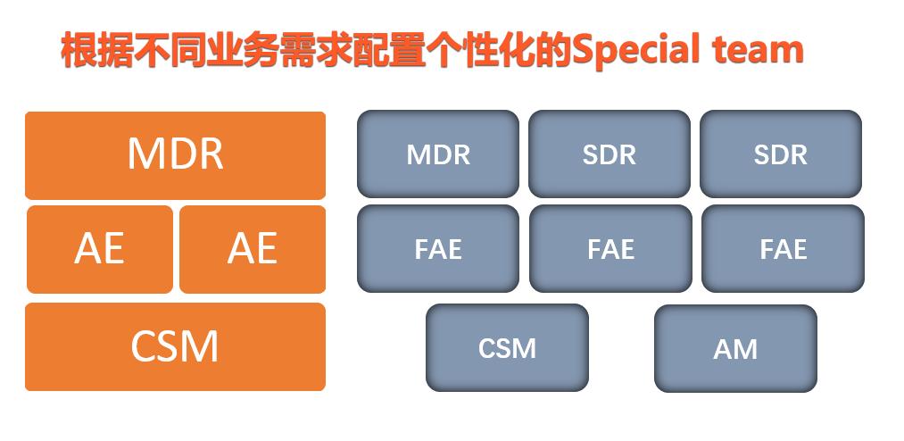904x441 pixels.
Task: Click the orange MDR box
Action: coord(175,154)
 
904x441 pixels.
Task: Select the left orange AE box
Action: coord(99,248)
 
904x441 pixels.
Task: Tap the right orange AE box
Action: coord(252,248)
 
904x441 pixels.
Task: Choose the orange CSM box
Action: coord(175,346)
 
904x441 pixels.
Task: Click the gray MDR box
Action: coord(437,154)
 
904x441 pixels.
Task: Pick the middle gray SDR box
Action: coord(609,154)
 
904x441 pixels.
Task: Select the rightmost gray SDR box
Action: coord(780,154)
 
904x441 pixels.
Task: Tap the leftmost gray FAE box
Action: coord(437,248)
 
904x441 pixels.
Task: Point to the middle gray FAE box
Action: coord(610,248)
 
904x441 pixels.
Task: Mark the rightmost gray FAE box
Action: coord(783,248)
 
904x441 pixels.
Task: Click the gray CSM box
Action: coord(507,347)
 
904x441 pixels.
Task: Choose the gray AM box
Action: coord(735,348)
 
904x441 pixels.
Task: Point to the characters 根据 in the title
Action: coord(98,51)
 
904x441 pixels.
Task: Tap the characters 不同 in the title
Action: coord(171,51)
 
